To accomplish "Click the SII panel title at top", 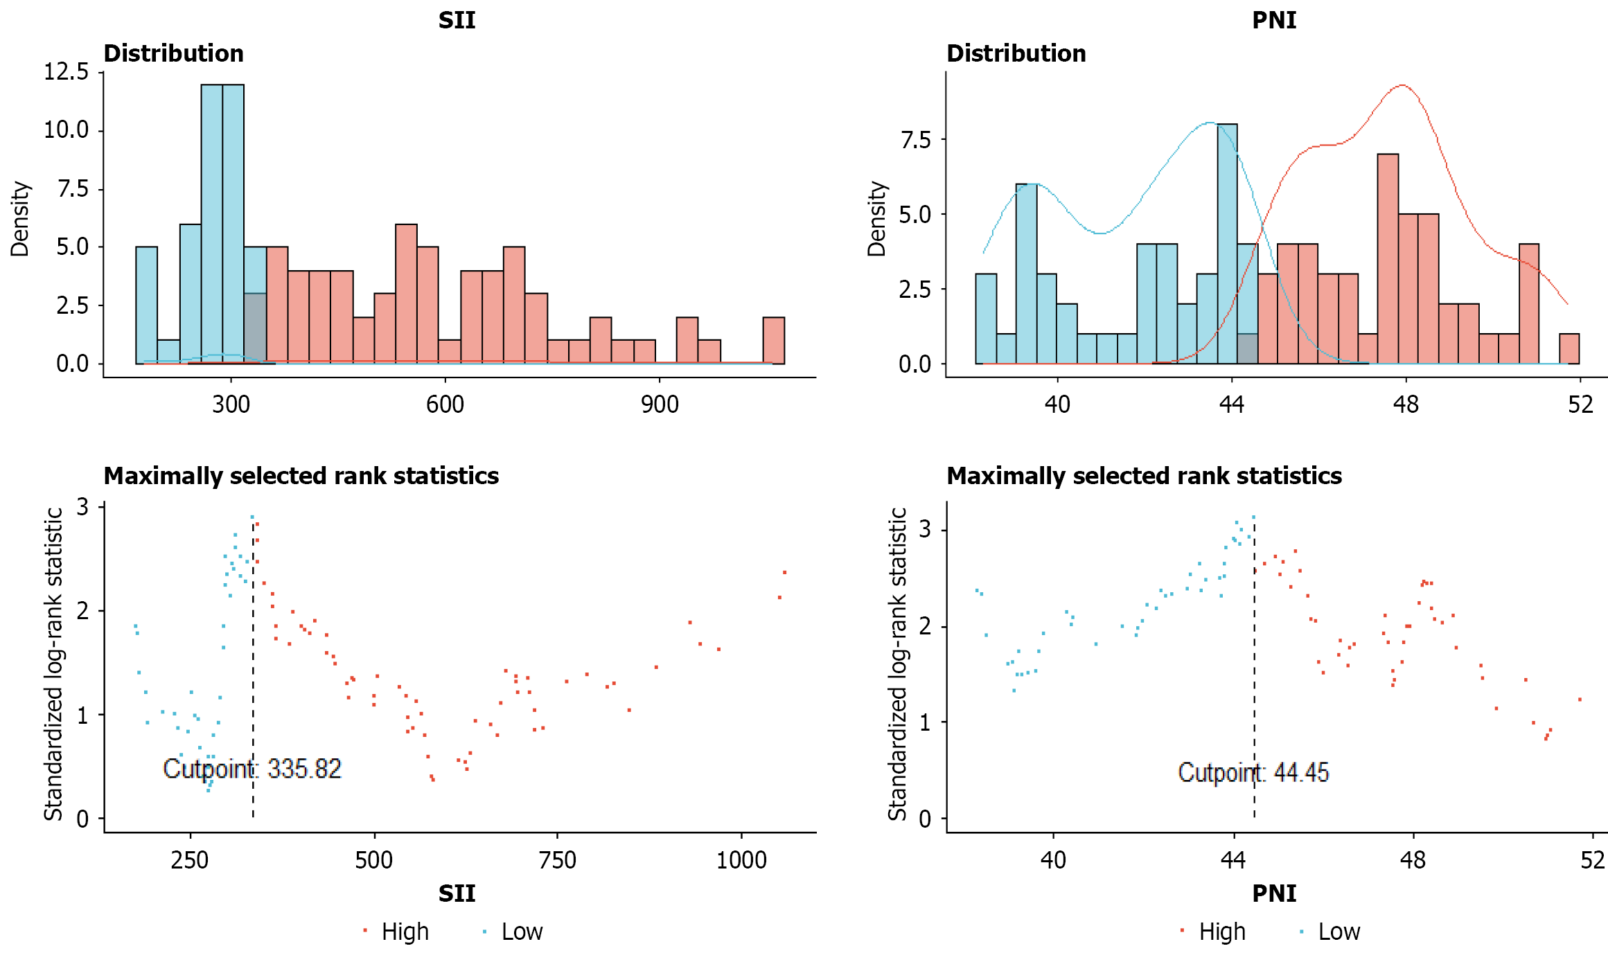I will point(457,20).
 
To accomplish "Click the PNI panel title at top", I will point(1273,20).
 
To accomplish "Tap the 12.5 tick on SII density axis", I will point(67,71).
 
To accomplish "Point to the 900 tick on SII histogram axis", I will point(660,404).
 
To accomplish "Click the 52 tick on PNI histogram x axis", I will point(1580,404).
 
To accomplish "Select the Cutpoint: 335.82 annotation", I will point(252,769).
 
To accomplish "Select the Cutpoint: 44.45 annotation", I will point(1253,772).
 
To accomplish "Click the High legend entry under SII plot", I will point(405,932).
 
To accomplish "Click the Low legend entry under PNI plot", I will point(1338,932).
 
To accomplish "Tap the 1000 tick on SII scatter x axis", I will point(741,860).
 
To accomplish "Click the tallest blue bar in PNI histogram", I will point(1227,242).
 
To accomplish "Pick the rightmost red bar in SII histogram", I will point(773,340).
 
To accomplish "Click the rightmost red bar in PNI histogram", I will point(1569,348).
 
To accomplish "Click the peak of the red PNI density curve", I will point(1402,86).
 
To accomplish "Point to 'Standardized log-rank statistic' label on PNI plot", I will point(897,663).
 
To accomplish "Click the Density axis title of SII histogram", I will point(20,219).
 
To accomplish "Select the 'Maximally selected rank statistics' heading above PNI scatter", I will point(1144,476).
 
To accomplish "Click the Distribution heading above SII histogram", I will point(173,53).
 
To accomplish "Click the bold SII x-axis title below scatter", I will point(457,893).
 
